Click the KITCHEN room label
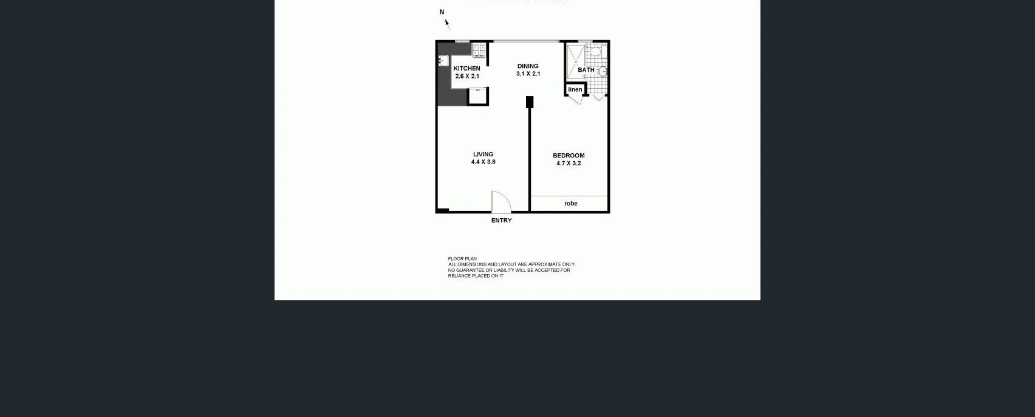(x=466, y=69)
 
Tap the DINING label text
(x=528, y=66)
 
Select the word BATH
(x=586, y=70)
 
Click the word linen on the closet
(x=575, y=89)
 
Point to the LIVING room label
(x=483, y=154)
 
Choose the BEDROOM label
(x=569, y=156)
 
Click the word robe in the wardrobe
(x=570, y=204)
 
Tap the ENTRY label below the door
(x=501, y=221)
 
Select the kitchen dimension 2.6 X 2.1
(x=467, y=77)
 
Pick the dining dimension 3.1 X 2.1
(x=528, y=74)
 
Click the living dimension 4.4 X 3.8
(x=483, y=162)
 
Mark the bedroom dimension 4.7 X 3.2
(x=569, y=164)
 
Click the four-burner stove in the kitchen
(x=479, y=50)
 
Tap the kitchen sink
(x=443, y=60)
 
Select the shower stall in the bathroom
(x=575, y=61)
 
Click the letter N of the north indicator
(x=442, y=12)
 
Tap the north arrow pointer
(x=448, y=24)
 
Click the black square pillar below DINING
(x=530, y=102)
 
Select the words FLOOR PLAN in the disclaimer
(x=462, y=259)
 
